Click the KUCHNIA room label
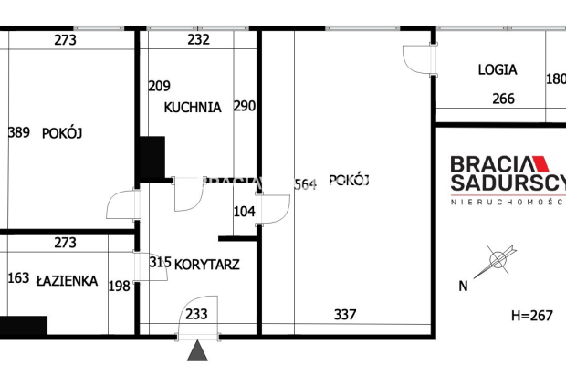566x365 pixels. click(x=193, y=107)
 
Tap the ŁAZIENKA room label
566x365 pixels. click(x=67, y=281)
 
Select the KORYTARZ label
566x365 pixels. click(x=208, y=263)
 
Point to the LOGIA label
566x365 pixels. click(x=497, y=69)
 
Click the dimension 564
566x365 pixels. click(x=305, y=184)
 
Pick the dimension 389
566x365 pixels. click(x=18, y=132)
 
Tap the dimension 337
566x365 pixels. click(x=344, y=315)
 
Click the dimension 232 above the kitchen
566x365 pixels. click(x=198, y=40)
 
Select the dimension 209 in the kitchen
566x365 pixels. click(x=159, y=87)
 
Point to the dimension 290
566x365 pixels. click(x=244, y=107)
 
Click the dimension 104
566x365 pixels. click(x=244, y=212)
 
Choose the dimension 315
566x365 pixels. click(x=160, y=263)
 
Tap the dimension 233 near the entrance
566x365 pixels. click(x=196, y=315)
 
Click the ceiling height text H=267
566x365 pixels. click(x=531, y=316)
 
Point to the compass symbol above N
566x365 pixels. click(x=498, y=261)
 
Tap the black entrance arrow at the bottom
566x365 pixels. click(x=197, y=351)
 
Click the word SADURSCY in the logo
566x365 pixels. click(x=508, y=182)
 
